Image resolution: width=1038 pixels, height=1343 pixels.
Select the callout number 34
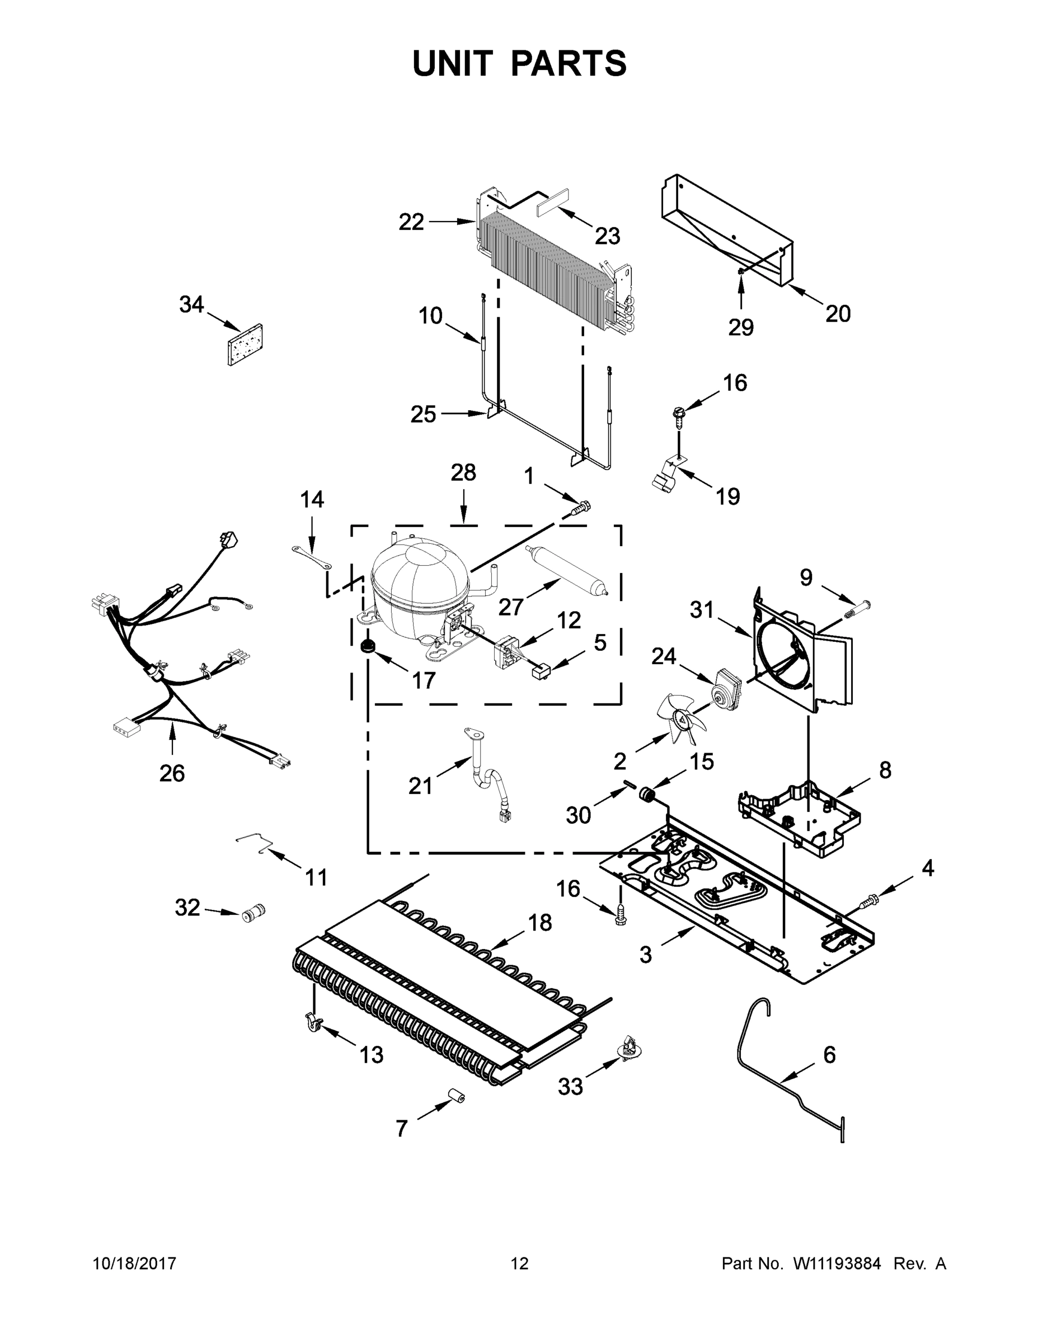pyautogui.click(x=191, y=304)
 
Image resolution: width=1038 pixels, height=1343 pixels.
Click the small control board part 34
pyautogui.click(x=245, y=345)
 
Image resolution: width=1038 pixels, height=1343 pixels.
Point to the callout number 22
pyautogui.click(x=411, y=222)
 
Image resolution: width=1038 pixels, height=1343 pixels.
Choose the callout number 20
pyautogui.click(x=838, y=313)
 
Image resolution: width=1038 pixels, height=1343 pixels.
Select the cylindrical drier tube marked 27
pyautogui.click(x=566, y=568)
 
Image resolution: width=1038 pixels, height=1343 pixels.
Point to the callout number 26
pyautogui.click(x=172, y=773)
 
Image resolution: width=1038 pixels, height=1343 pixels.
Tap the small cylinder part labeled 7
pyautogui.click(x=455, y=1097)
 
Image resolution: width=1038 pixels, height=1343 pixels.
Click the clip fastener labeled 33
pyautogui.click(x=629, y=1047)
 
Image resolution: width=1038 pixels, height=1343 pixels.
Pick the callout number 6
pyautogui.click(x=829, y=1055)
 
